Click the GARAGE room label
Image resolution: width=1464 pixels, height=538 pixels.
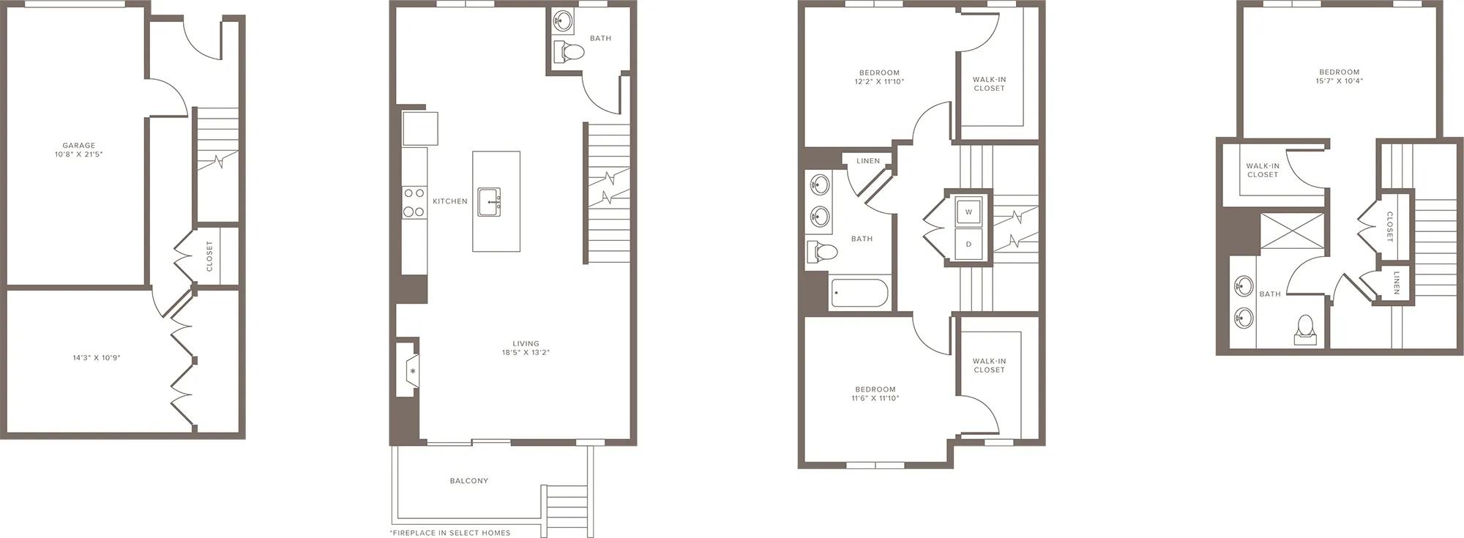(x=78, y=146)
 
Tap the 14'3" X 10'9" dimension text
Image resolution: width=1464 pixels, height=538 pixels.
(x=97, y=358)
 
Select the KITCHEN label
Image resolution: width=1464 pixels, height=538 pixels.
(x=450, y=201)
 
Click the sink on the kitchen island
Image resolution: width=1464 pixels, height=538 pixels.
(x=490, y=202)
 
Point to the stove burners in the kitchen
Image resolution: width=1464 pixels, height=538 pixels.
(x=414, y=203)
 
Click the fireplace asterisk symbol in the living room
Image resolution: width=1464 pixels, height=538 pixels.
(x=413, y=371)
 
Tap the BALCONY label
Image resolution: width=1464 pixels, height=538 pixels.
(x=469, y=481)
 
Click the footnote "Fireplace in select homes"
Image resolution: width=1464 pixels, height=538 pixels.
(x=450, y=533)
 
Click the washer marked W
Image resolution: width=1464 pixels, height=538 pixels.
(x=968, y=212)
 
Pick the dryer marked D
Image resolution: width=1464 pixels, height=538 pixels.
(x=968, y=244)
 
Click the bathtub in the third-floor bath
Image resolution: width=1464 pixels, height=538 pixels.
(x=859, y=294)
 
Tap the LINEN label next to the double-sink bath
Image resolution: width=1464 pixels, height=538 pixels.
(x=868, y=161)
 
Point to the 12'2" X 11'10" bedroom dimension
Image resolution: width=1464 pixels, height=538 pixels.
(x=879, y=82)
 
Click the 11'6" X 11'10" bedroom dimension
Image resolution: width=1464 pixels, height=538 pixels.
(x=875, y=398)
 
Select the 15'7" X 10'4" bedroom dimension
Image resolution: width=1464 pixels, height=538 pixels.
(x=1340, y=81)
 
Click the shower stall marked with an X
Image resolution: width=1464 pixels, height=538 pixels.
(x=1291, y=231)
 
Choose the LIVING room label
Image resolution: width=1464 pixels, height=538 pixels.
(x=526, y=343)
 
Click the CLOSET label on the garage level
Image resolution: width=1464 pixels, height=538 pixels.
(x=209, y=256)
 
